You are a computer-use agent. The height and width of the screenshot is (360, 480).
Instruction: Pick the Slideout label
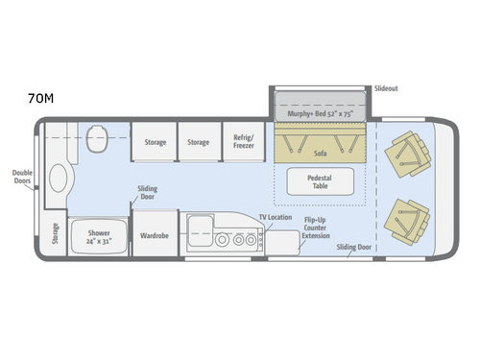[x=386, y=86]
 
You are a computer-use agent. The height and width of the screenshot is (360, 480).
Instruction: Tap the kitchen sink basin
[x=201, y=229]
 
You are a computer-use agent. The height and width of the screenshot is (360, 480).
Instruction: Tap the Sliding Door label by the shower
[x=147, y=193]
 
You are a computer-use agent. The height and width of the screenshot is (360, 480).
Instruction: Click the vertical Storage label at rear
[x=54, y=234]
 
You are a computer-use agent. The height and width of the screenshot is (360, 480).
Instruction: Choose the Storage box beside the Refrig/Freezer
[x=198, y=142]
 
